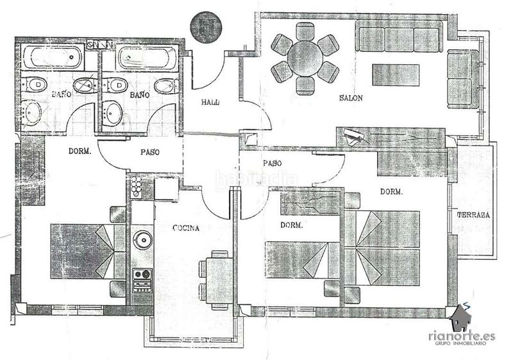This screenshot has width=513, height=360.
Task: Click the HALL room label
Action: (x=210, y=102)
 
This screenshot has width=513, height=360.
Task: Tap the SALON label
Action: (x=351, y=98)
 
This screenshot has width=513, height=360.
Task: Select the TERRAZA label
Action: (x=473, y=215)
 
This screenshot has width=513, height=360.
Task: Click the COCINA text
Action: (x=186, y=228)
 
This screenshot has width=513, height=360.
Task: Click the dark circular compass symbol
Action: (x=206, y=28)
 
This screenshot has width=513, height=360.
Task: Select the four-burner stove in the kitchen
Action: (x=142, y=280)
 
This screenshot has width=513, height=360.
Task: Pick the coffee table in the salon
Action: (x=396, y=75)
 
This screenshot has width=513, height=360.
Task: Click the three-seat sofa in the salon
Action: (x=399, y=40)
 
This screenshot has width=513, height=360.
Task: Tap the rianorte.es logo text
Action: (x=462, y=336)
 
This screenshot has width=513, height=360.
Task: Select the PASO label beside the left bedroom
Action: (x=150, y=152)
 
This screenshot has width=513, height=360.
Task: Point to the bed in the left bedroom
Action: (x=88, y=252)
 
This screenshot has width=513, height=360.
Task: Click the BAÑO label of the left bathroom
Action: (x=62, y=94)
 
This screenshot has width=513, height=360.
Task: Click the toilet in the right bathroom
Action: (x=117, y=86)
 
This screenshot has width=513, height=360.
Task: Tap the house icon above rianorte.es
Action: (x=460, y=318)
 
